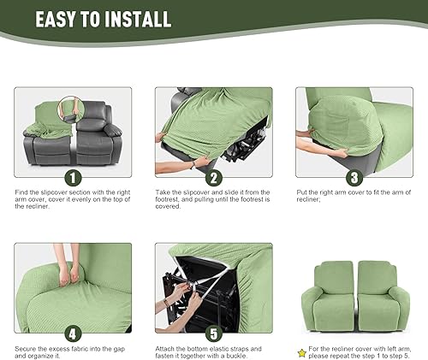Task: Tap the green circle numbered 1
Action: pyautogui.click(x=73, y=178)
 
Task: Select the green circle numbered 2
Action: pyautogui.click(x=213, y=178)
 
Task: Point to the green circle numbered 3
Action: pyautogui.click(x=354, y=178)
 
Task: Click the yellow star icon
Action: pyautogui.click(x=302, y=351)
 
